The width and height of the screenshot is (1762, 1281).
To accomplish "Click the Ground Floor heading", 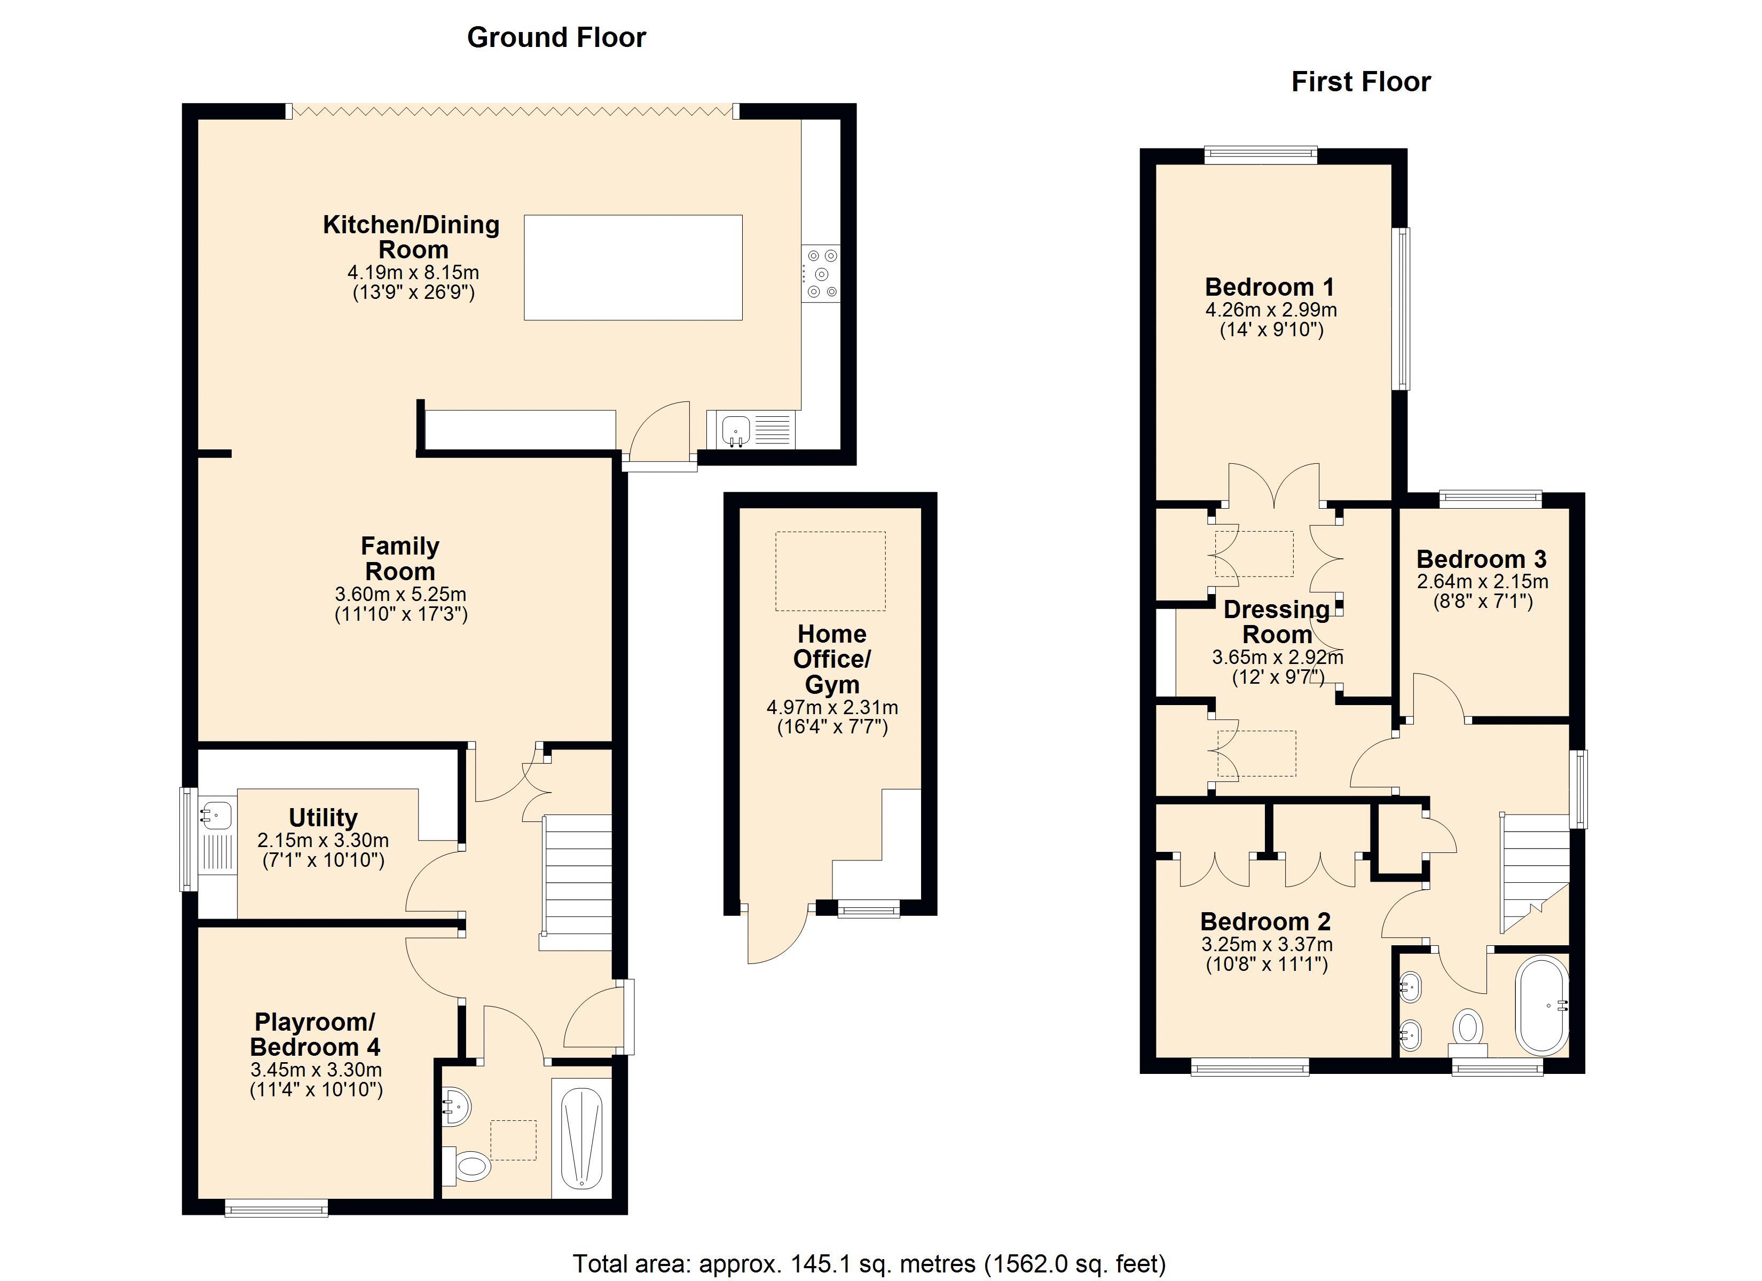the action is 556,37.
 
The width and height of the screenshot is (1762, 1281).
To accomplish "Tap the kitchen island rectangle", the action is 633,267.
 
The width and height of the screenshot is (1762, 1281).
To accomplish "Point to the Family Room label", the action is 400,558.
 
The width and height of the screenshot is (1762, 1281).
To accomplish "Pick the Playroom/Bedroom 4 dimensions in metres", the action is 316,1070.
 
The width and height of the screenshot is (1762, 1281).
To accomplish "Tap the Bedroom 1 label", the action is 1270,287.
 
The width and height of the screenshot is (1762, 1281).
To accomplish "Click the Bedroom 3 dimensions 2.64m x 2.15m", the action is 1482,581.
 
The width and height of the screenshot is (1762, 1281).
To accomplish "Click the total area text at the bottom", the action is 869,1264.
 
